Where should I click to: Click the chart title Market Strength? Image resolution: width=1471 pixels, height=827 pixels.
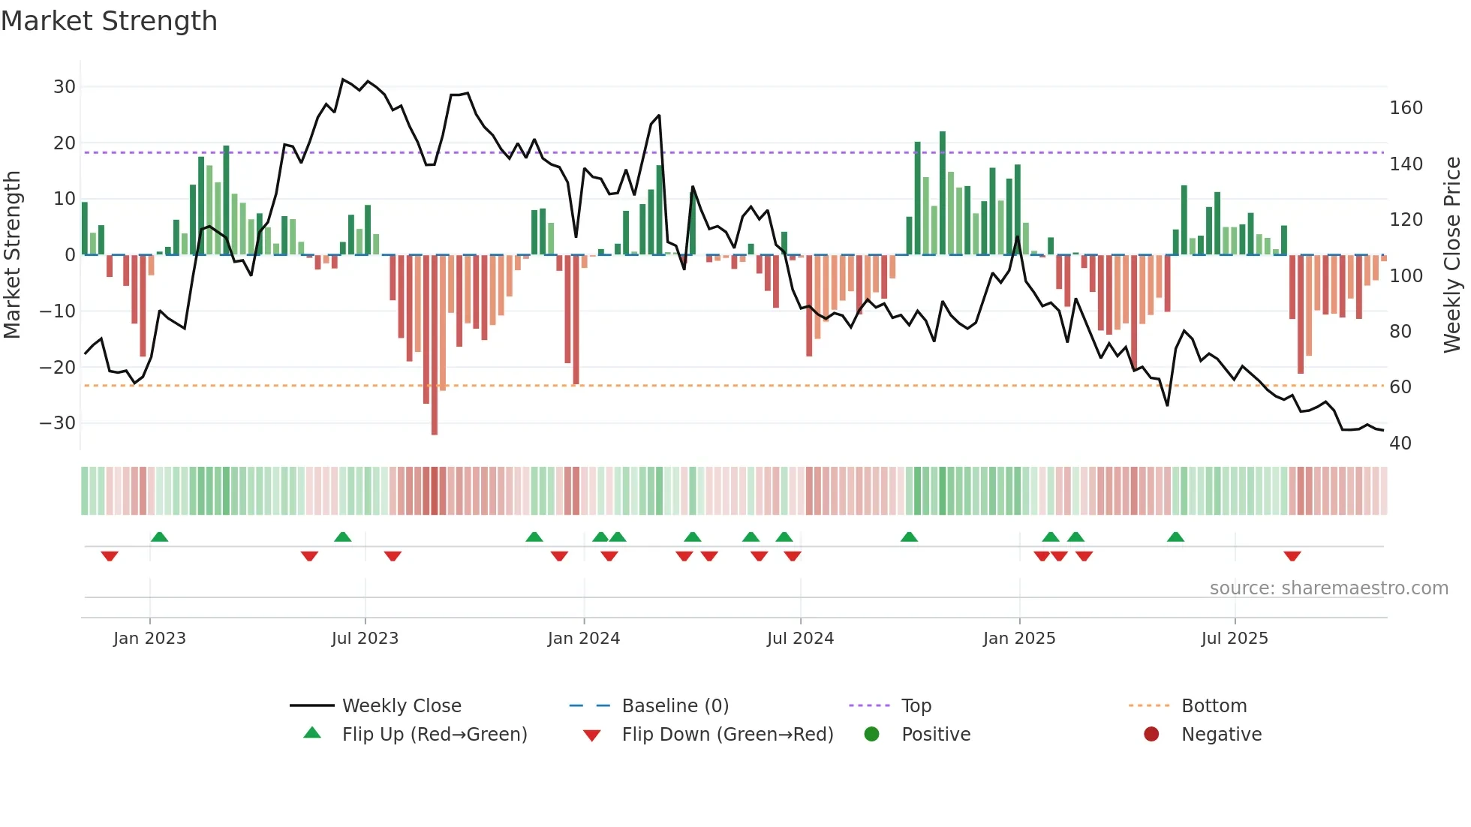coord(109,21)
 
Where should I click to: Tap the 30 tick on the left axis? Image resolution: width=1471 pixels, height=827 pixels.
coord(65,87)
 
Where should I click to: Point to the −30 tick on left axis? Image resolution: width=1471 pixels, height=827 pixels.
coord(59,423)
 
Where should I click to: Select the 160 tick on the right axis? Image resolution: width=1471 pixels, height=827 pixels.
coord(1406,108)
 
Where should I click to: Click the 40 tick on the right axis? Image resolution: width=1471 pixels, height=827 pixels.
coord(1400,444)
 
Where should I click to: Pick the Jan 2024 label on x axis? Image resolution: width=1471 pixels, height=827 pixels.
coord(584,639)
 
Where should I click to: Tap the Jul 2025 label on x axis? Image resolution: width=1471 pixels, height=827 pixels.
coord(1235,639)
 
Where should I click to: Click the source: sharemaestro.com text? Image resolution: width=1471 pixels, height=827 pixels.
coord(1328,588)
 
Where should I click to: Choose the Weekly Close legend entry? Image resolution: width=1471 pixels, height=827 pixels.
coord(402,706)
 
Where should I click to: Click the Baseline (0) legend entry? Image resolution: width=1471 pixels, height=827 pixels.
coord(675,706)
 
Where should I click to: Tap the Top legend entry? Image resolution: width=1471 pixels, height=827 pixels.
coord(916,706)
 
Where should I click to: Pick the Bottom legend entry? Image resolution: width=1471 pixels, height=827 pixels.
coord(1214,706)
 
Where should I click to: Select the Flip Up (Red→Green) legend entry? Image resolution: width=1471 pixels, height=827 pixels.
coord(435,735)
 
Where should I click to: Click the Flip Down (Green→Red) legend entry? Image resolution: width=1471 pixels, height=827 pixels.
coord(727,735)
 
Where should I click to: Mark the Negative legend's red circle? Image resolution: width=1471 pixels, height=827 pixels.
coord(1151,734)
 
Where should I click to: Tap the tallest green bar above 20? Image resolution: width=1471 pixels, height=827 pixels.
coord(943,194)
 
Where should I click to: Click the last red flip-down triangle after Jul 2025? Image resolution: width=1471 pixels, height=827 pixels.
coord(1292,556)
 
